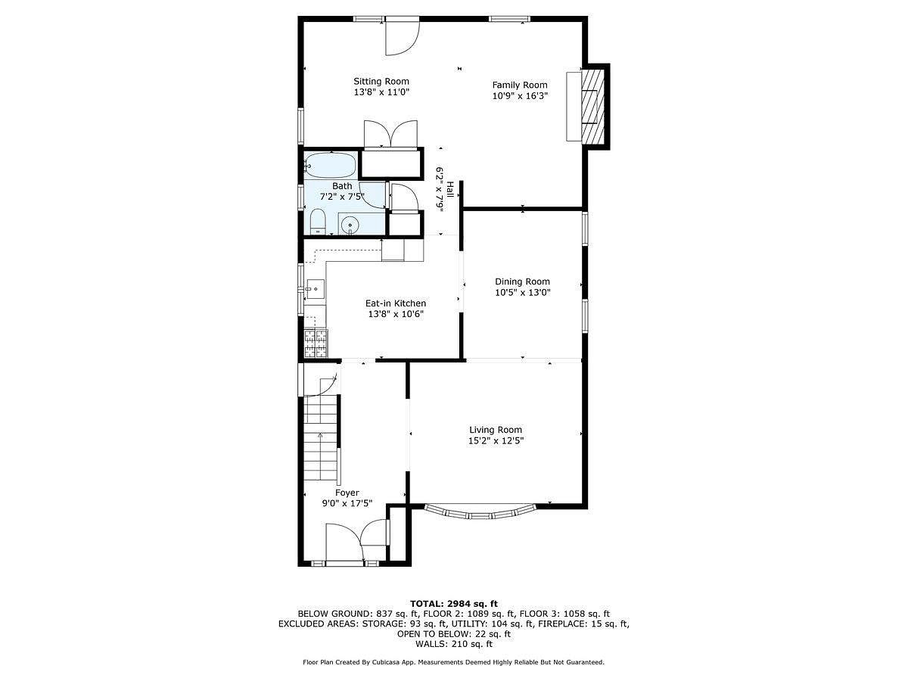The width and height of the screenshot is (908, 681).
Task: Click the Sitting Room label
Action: pyautogui.click(x=381, y=82)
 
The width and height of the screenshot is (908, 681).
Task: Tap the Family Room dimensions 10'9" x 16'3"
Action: pyautogui.click(x=520, y=96)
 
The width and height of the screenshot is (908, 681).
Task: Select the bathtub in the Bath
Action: pyautogui.click(x=331, y=166)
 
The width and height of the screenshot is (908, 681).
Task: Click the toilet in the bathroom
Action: pyautogui.click(x=318, y=221)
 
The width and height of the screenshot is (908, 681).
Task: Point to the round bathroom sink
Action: pyautogui.click(x=350, y=225)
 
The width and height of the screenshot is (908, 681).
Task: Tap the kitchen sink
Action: pyautogui.click(x=316, y=289)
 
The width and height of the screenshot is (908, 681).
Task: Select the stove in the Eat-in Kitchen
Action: pyautogui.click(x=316, y=344)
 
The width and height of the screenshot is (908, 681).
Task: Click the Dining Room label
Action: pyautogui.click(x=522, y=281)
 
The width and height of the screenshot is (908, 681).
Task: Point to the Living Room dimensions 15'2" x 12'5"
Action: pyautogui.click(x=496, y=441)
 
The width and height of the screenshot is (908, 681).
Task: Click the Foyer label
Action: pyautogui.click(x=347, y=493)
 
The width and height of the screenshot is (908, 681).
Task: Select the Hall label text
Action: pyautogui.click(x=450, y=190)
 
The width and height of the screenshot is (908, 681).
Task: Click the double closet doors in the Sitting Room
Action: pyautogui.click(x=390, y=134)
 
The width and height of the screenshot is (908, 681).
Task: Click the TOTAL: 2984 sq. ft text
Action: pyautogui.click(x=454, y=604)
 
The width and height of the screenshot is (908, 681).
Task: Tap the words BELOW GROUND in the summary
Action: pyautogui.click(x=334, y=614)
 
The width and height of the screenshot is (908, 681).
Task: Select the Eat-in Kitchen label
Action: pyautogui.click(x=396, y=303)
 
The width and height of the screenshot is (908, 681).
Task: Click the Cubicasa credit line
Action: pyautogui.click(x=453, y=662)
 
